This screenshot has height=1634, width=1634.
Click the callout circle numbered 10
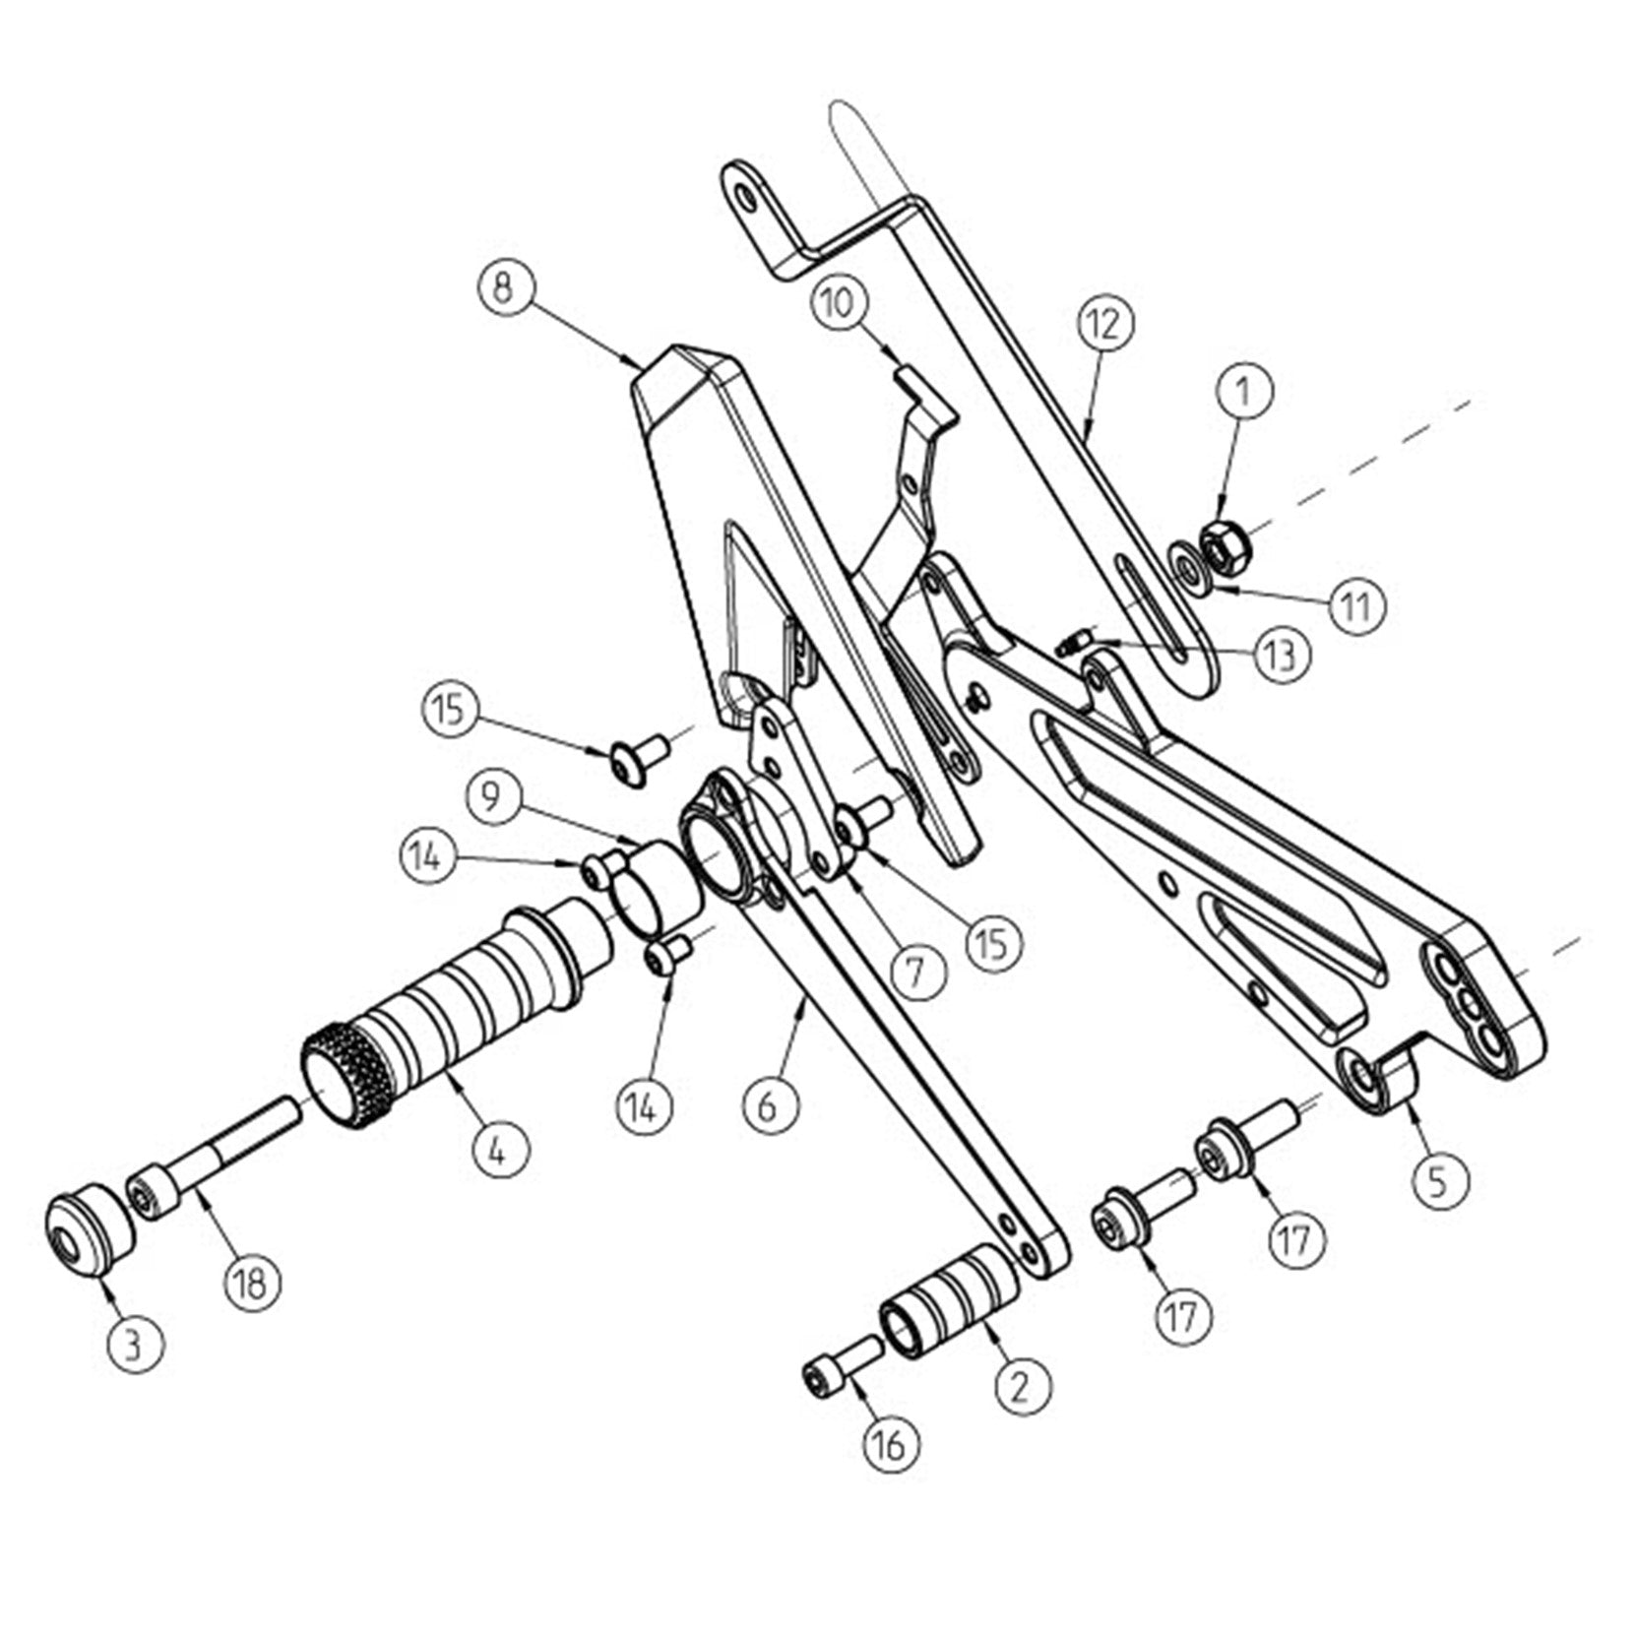pyautogui.click(x=840, y=303)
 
